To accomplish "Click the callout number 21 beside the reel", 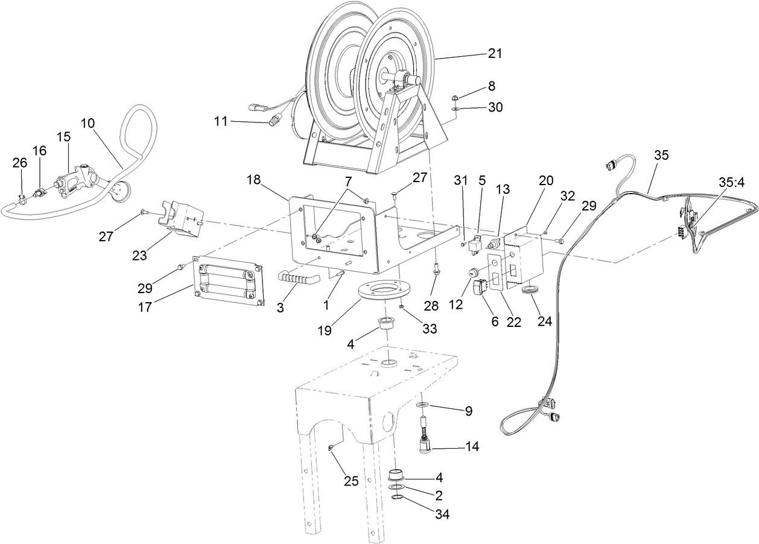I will click(x=495, y=54).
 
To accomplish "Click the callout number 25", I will click(x=351, y=481).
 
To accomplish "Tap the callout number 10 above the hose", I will click(x=87, y=123).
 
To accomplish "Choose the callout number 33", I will click(x=430, y=329).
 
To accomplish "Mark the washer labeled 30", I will click(x=454, y=109).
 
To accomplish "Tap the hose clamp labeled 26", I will click(x=20, y=195).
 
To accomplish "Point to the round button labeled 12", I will click(x=471, y=274).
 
